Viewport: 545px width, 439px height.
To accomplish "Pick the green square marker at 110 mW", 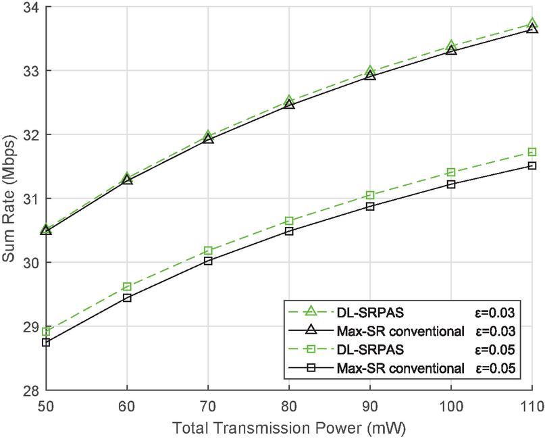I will pyautogui.click(x=532, y=152).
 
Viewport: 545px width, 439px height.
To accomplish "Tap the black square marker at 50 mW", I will pyautogui.click(x=46, y=342).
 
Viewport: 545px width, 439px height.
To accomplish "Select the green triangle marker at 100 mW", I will pyautogui.click(x=451, y=46).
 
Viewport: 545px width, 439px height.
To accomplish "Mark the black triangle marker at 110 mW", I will pyautogui.click(x=532, y=28).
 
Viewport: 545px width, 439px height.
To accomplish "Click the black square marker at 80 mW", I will pyautogui.click(x=289, y=231).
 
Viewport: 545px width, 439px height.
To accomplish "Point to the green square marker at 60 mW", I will pyautogui.click(x=127, y=287).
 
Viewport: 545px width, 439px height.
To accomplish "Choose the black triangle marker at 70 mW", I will pyautogui.click(x=208, y=138).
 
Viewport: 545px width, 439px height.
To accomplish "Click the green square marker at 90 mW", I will pyautogui.click(x=370, y=195).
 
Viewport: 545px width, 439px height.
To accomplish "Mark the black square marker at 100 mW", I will pyautogui.click(x=451, y=184).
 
